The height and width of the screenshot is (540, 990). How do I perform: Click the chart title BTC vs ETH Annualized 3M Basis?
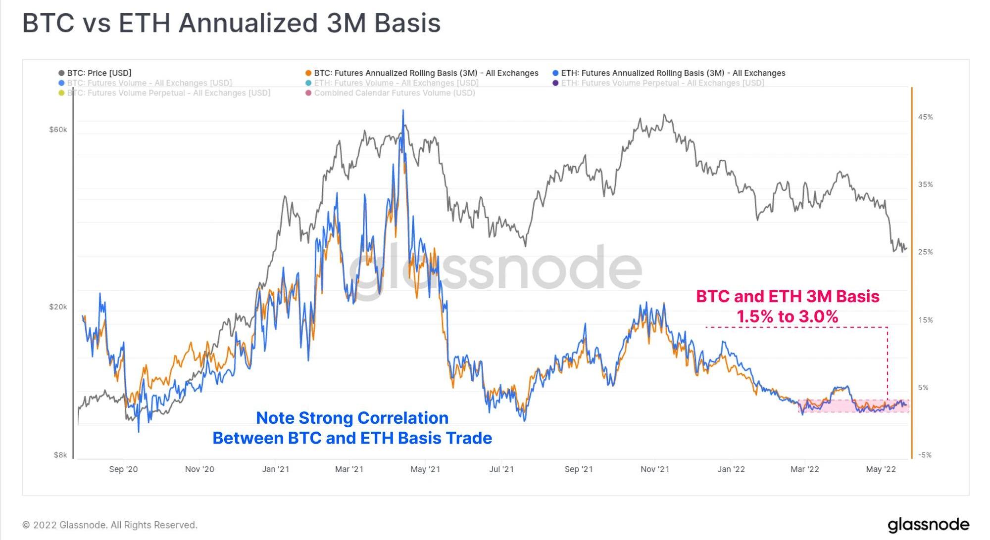[231, 23]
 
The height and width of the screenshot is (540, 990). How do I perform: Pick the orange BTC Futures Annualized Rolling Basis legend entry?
[426, 73]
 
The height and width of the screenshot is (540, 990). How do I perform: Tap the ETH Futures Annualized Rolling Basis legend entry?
[673, 73]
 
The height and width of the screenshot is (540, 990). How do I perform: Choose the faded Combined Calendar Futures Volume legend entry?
[394, 93]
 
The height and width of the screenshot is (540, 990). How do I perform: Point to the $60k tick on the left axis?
[58, 130]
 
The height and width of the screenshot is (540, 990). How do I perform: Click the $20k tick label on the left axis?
[58, 307]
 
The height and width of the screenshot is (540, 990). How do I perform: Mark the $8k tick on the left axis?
[60, 455]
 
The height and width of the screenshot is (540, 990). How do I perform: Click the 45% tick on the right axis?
[925, 117]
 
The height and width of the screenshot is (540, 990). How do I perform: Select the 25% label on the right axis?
[925, 252]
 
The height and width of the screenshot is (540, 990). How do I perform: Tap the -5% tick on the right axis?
[925, 455]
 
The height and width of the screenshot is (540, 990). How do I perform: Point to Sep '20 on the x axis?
[123, 469]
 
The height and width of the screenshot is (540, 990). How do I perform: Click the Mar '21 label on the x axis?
[349, 469]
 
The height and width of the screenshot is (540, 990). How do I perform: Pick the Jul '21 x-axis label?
[501, 469]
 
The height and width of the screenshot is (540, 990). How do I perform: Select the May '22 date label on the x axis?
[881, 469]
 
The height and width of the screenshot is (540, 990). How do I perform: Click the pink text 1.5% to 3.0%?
[787, 316]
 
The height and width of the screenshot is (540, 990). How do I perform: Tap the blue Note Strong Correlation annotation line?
[352, 418]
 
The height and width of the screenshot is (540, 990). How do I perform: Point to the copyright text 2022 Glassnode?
[110, 525]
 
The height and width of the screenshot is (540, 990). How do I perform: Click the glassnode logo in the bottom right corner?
[928, 525]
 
